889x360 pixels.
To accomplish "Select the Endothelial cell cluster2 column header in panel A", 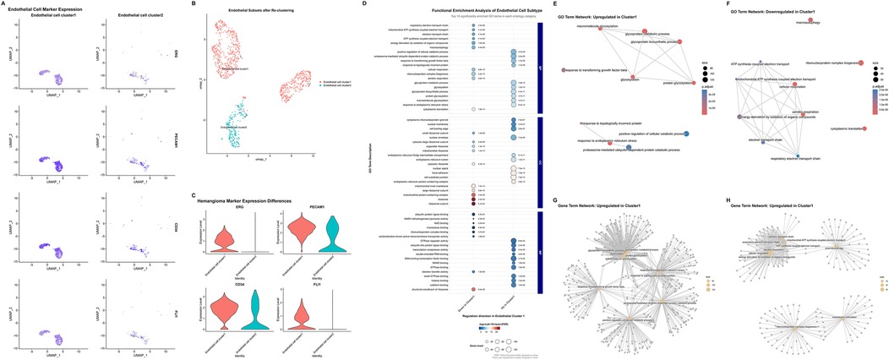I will pos(125,14).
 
